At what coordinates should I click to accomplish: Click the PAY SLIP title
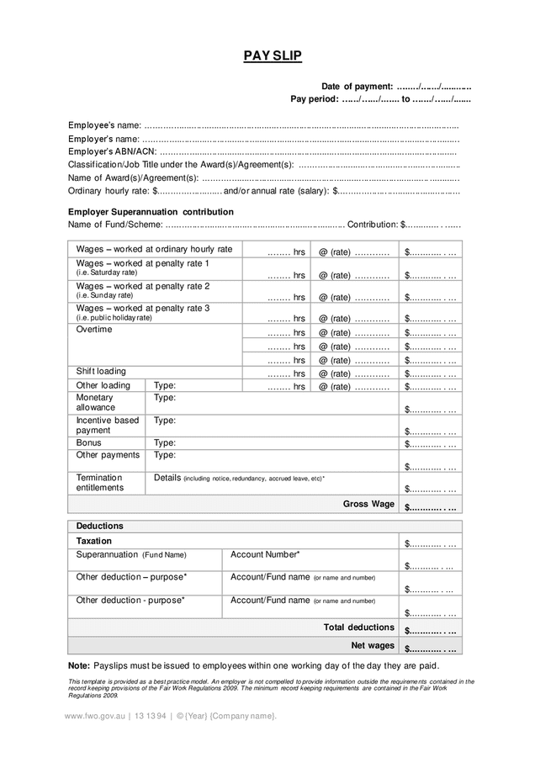(x=273, y=56)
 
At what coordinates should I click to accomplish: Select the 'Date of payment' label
(x=357, y=87)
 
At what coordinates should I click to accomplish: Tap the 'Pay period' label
(x=314, y=99)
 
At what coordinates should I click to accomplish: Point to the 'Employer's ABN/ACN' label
(x=112, y=151)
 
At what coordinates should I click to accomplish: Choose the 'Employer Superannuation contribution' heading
(x=151, y=212)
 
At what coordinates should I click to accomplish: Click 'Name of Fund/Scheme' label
(x=115, y=225)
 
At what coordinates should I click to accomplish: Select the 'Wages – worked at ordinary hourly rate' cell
(x=154, y=249)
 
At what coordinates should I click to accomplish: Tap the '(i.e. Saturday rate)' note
(x=106, y=273)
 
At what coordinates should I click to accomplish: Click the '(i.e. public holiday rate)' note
(x=114, y=318)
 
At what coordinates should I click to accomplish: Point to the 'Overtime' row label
(x=94, y=330)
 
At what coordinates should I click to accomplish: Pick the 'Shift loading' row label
(x=101, y=371)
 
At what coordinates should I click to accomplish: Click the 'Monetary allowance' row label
(x=95, y=402)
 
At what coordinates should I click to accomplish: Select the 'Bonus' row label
(x=88, y=442)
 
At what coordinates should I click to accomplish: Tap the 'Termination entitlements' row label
(x=99, y=482)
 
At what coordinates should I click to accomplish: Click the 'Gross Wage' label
(x=368, y=504)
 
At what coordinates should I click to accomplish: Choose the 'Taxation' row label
(x=93, y=541)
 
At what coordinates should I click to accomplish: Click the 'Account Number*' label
(x=265, y=554)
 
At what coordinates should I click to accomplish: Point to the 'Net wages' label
(x=373, y=645)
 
